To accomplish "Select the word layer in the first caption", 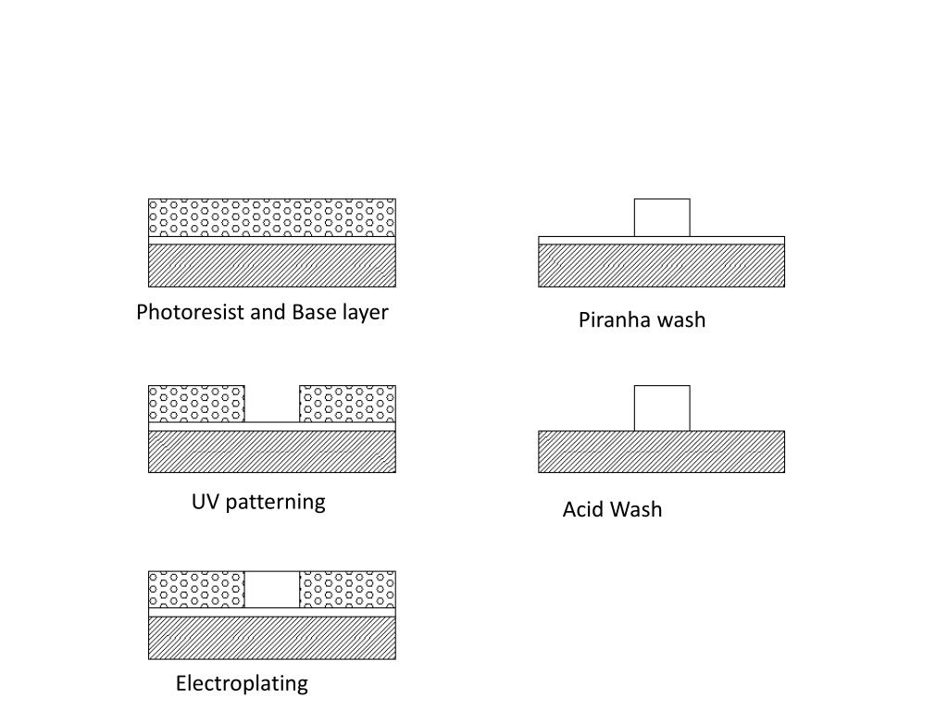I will coord(365,312).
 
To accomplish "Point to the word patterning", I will coord(275,502).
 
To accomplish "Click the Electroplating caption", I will coord(242,684).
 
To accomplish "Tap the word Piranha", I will coord(615,320).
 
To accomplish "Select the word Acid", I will coord(583,510).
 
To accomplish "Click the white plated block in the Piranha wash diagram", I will coord(662,218).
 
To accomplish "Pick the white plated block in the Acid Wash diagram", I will coord(662,408).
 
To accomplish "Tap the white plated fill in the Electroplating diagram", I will coord(272,590).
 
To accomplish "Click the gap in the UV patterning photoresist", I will coord(272,404).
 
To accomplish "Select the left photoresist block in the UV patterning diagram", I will coord(196,404).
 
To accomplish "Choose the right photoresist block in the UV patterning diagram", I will coord(347,404).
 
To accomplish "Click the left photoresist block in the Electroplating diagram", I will coord(196,590).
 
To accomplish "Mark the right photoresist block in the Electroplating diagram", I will coord(347,590).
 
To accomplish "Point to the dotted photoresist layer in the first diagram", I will coord(272,218).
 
